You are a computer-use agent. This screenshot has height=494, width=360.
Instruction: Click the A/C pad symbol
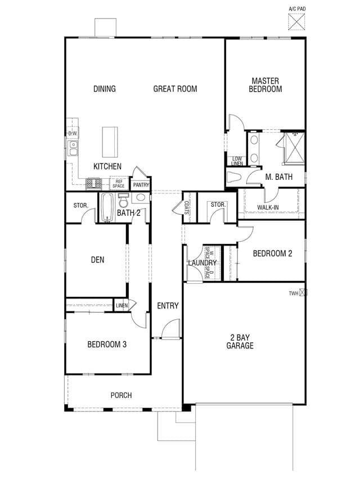point(296,21)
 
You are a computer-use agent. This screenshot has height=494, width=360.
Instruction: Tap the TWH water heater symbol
point(303,293)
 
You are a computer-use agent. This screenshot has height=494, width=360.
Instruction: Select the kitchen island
point(110,142)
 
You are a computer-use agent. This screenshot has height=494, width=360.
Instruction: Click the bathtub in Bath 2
point(107,207)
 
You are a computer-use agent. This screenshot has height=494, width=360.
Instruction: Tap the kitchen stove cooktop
point(93,184)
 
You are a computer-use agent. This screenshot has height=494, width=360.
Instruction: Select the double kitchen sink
point(73,148)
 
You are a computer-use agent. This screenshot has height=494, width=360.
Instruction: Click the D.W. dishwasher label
point(73,134)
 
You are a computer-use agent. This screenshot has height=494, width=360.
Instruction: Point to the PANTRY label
point(141,185)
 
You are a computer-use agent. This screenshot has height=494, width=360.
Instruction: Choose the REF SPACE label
point(119,184)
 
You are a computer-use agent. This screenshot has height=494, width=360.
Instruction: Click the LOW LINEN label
point(237,161)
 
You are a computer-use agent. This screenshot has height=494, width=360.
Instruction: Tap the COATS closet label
point(186,207)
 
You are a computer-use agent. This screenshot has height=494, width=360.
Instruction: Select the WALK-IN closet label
point(268,207)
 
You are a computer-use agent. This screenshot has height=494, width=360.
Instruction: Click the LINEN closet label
point(121,306)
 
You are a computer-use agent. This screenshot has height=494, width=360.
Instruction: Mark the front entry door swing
point(170,329)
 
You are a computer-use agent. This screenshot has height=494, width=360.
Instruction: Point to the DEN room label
point(97,260)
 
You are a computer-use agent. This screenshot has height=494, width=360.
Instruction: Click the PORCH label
point(121,395)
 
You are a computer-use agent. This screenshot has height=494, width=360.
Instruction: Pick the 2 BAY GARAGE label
point(240,342)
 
